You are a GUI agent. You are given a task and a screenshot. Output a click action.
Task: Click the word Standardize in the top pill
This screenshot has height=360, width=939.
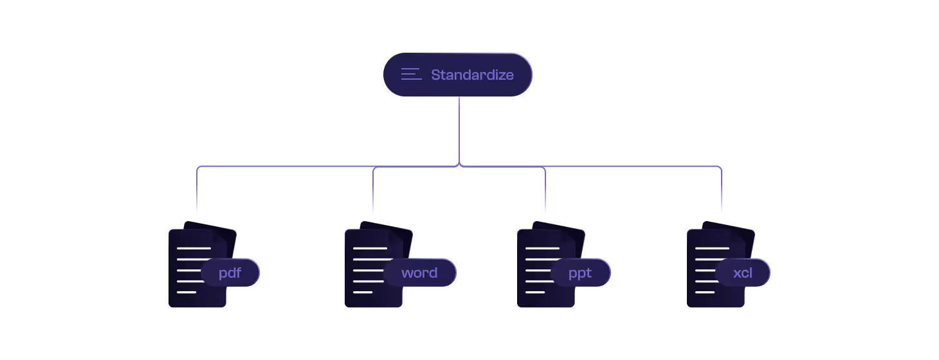tap(472, 75)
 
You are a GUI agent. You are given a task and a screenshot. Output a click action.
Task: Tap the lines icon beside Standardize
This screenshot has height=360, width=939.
tap(411, 75)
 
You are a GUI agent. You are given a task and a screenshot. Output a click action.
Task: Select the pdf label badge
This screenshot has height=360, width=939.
tap(230, 273)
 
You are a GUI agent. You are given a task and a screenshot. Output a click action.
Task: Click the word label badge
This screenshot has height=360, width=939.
tap(419, 273)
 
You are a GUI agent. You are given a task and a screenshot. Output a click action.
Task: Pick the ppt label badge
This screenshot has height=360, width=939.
tap(580, 273)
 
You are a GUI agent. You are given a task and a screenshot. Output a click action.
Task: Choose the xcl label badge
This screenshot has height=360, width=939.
tap(743, 273)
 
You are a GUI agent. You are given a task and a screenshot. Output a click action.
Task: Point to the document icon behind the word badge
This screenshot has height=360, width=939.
tap(364, 289)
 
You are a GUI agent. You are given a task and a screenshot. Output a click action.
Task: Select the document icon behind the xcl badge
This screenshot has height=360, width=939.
tap(706, 289)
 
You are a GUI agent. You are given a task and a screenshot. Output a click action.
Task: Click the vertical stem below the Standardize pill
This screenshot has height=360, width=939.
tap(459, 129)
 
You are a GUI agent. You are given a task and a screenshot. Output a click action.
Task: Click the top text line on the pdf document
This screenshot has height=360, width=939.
tap(194, 248)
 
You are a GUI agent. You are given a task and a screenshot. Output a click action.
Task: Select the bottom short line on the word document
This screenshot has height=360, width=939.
tap(363, 292)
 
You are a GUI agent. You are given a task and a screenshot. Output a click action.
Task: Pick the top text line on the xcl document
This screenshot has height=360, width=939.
tap(712, 248)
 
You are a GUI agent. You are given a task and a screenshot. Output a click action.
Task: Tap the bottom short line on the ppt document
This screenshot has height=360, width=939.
tap(535, 292)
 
